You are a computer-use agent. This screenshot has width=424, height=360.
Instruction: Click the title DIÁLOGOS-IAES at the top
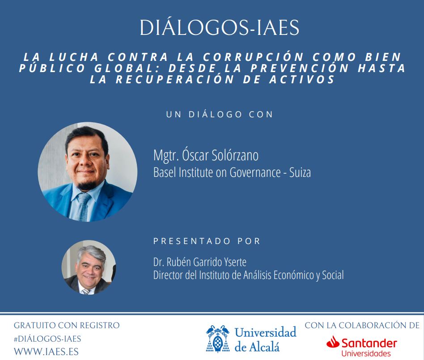click(219, 27)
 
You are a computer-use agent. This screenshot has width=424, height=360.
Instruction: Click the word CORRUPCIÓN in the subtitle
click(254, 57)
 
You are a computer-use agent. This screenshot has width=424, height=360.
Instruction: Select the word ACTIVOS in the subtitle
click(302, 79)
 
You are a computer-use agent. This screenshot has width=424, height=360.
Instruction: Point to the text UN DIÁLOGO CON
click(220, 114)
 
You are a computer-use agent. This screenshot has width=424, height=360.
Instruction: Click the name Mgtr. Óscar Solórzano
click(206, 155)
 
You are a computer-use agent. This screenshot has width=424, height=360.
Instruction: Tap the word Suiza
click(300, 172)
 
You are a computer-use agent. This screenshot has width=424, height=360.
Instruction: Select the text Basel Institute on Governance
click(217, 173)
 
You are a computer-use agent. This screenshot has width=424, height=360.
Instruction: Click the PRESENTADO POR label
click(207, 241)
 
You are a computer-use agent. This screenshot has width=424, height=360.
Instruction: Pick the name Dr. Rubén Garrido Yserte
click(200, 262)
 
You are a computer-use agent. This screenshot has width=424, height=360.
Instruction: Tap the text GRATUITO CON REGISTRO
click(67, 326)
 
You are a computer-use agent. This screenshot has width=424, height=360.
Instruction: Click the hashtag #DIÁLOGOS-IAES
click(47, 339)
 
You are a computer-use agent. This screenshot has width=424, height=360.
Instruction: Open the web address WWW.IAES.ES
click(46, 351)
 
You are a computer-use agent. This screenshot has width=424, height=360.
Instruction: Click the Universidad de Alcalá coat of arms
click(218, 339)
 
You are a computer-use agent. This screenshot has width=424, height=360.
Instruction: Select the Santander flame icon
click(333, 342)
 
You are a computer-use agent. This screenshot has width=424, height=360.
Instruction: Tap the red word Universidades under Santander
click(366, 353)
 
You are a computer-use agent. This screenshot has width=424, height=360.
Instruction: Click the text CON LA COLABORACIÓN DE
click(362, 326)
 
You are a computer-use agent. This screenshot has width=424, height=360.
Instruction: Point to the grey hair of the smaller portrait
click(91, 253)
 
